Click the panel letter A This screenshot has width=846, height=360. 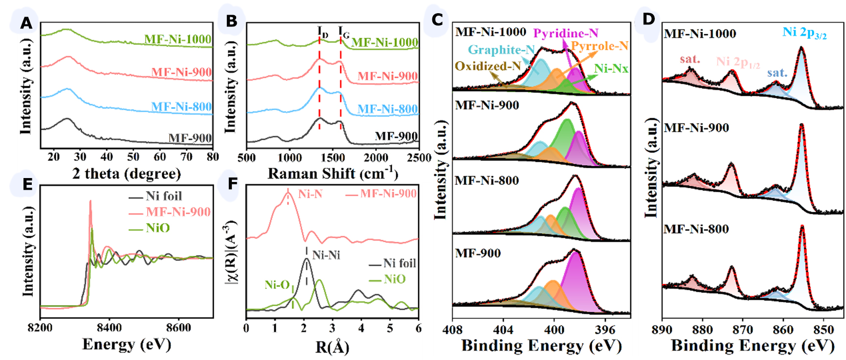tap(26, 22)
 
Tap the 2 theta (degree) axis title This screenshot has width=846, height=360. tap(127, 174)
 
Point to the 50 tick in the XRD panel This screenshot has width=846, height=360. tap(133, 157)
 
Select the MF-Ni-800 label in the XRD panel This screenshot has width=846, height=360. tap(181, 107)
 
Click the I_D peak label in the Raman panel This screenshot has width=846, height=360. tap(323, 32)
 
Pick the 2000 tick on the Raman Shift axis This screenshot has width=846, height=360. tap(376, 157)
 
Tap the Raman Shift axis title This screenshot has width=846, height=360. tap(333, 174)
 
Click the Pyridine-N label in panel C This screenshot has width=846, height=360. tap(565, 33)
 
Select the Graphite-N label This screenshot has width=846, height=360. tap(501, 49)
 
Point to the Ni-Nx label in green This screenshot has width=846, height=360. tap(611, 68)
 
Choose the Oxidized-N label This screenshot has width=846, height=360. tap(488, 66)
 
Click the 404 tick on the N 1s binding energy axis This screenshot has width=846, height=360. tap(503, 330)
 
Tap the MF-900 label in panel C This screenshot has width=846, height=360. tap(478, 253)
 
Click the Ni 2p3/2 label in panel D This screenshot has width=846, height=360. tap(804, 33)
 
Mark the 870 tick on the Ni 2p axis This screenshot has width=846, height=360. tap(743, 330)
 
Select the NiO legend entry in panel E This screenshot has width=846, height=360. tap(157, 228)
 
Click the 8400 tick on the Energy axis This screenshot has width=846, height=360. tap(109, 327)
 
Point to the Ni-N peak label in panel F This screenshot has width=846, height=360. tap(310, 194)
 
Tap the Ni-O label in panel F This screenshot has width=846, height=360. tap(277, 285)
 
